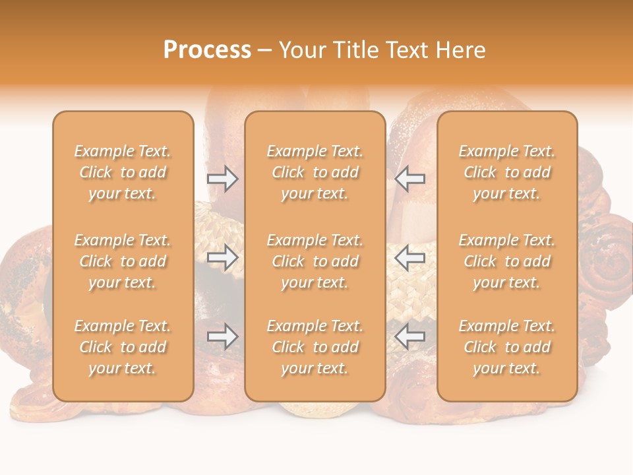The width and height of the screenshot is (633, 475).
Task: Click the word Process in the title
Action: point(207,50)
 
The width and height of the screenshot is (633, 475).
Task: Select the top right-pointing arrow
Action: point(222,178)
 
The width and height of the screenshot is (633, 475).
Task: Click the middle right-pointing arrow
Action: point(222,258)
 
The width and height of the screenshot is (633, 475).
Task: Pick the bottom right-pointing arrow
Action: point(222,337)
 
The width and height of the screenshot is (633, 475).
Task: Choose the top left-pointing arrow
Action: point(409,178)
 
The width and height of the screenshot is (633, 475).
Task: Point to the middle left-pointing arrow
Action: point(409,258)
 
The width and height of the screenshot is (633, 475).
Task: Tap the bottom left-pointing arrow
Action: point(409,337)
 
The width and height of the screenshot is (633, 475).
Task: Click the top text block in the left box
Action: point(123,172)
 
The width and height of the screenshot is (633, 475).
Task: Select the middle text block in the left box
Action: point(123,261)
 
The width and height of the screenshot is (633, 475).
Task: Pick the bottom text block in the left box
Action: point(123,347)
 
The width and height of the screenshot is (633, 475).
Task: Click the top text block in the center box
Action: point(315,172)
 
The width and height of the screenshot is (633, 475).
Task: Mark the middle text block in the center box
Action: point(315,261)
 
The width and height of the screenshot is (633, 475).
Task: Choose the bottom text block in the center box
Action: point(315,347)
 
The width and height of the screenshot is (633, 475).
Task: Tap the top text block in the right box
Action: point(506,172)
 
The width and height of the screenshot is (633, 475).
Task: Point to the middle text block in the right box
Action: point(506,261)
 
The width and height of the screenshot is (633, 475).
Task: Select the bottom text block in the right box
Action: point(506,347)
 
